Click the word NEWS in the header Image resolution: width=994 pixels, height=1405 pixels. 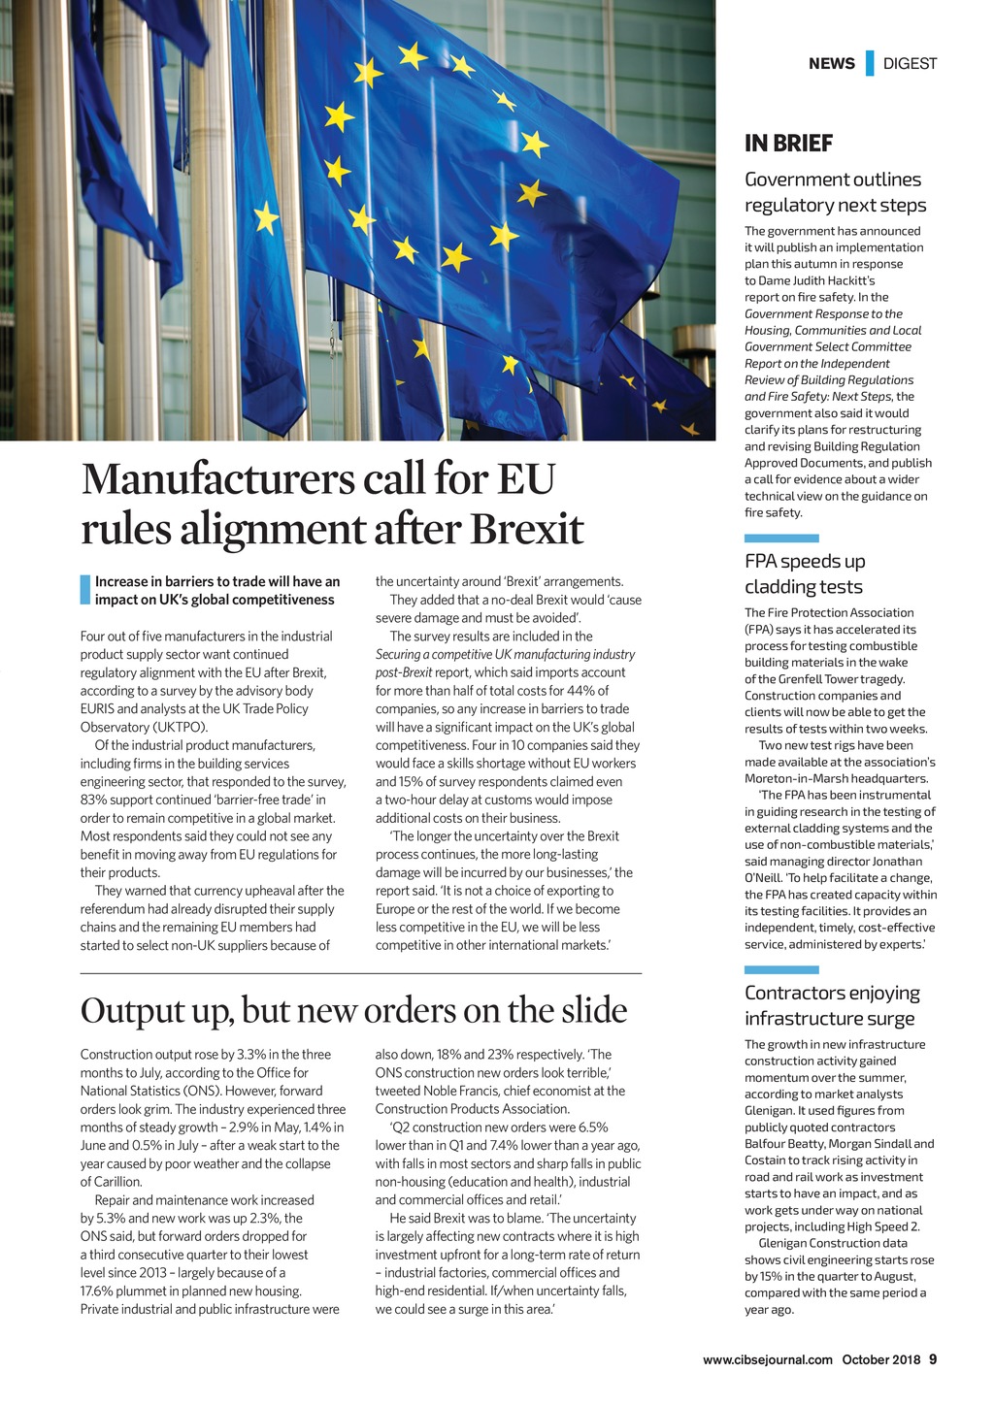coord(831,64)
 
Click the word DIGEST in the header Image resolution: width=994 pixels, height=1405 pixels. coord(910,64)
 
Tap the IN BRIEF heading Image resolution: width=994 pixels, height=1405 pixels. coord(788,144)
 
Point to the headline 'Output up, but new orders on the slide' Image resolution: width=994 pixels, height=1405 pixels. coord(353,1010)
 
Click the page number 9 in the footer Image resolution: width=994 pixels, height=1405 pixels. coord(933,1358)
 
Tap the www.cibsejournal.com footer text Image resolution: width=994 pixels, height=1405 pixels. coord(768,1359)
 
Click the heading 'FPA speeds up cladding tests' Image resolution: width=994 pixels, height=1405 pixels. coord(804,573)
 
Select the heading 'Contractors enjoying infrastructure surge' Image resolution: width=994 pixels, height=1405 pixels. coord(831,1005)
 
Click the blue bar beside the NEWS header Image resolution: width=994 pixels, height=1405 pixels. coord(869,63)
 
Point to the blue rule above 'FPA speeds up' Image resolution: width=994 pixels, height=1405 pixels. coord(780,538)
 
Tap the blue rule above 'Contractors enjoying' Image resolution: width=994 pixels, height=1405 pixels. coord(780,969)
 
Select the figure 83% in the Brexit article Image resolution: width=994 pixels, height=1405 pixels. coord(93,800)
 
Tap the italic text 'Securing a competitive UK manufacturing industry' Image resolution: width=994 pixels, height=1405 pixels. coord(505,654)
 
